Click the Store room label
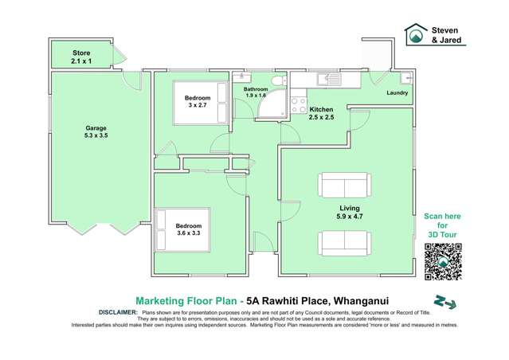click(x=81, y=57)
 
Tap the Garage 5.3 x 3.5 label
click(x=97, y=132)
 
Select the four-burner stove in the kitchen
click(x=299, y=104)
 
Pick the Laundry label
click(x=397, y=93)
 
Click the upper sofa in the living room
click(x=344, y=186)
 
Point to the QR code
click(x=443, y=261)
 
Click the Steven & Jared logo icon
click(x=416, y=34)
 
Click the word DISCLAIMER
click(x=117, y=313)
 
